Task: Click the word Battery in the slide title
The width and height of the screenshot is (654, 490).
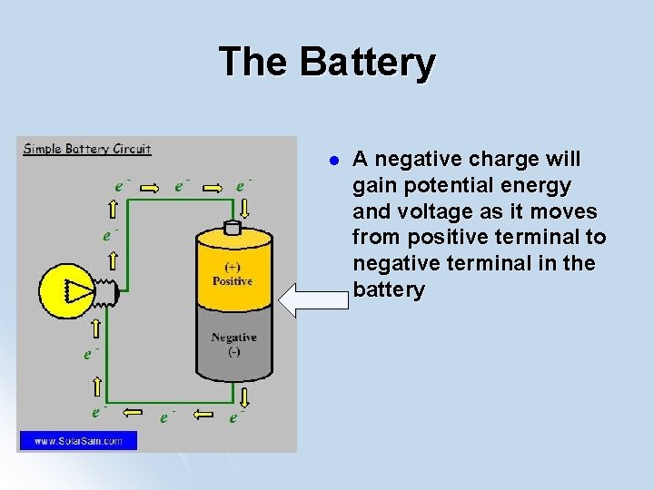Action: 367,62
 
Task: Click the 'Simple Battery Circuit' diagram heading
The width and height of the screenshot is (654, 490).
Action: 87,149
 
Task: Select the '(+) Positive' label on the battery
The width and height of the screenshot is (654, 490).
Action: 233,274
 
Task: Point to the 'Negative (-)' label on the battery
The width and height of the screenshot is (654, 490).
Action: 233,344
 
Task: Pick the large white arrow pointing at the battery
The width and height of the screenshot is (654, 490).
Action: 313,300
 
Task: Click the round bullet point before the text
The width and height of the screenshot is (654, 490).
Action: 333,161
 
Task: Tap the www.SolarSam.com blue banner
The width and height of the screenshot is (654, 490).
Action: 78,441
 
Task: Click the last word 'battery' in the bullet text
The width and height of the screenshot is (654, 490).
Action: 389,290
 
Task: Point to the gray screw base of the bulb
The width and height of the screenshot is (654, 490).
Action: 106,290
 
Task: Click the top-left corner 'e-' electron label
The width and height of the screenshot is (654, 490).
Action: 120,184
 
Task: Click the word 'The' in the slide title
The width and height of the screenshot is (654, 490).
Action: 253,62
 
